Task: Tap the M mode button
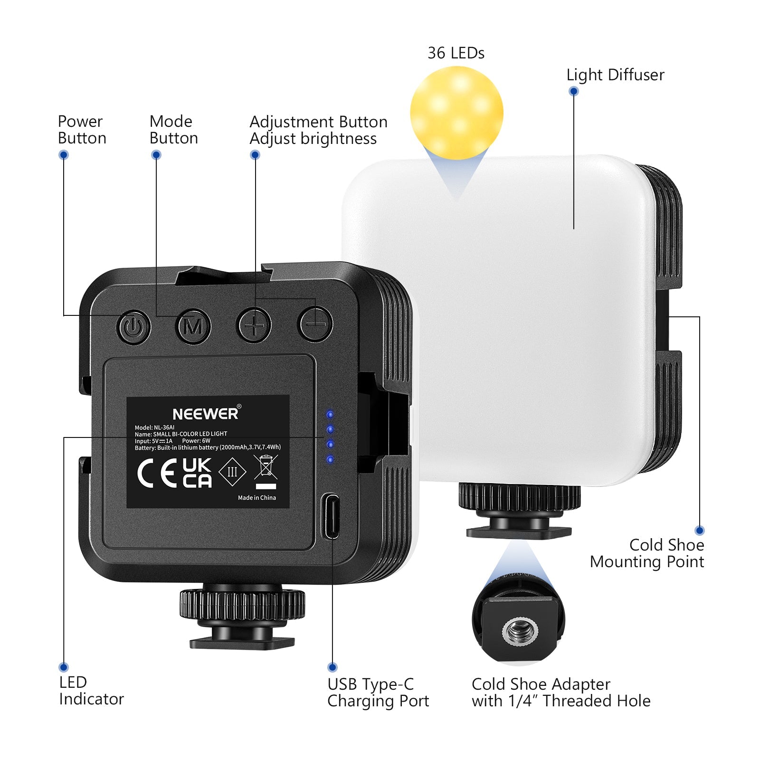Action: [193, 326]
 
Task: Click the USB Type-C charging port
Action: [332, 516]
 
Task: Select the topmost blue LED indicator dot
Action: [330, 415]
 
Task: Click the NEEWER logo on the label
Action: [206, 414]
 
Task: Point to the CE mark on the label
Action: [157, 474]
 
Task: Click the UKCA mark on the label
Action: [197, 473]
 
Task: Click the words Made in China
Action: [256, 498]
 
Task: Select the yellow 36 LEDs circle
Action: [456, 113]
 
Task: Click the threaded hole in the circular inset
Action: [519, 632]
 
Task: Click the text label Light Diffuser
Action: [615, 75]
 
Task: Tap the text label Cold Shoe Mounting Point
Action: [647, 553]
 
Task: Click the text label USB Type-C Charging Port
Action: [378, 693]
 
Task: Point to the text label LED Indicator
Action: [91, 691]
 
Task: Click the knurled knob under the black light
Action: [242, 605]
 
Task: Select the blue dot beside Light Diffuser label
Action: [574, 91]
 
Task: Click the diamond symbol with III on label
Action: [232, 472]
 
